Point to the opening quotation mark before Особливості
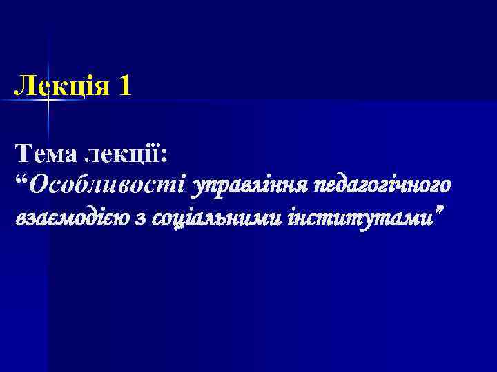coord(23,180)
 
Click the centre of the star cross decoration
coord(49,101)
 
